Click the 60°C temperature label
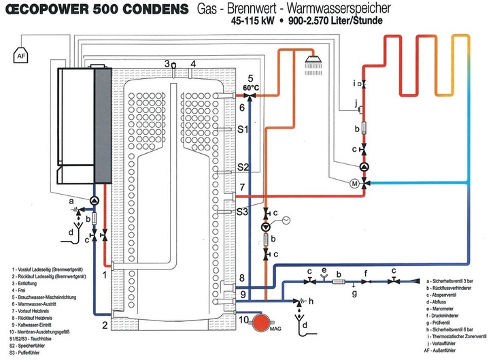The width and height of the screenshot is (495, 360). click(x=251, y=88)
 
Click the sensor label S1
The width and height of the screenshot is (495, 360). click(x=243, y=129)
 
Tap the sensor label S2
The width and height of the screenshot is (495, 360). click(x=243, y=166)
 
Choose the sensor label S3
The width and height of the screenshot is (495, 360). click(x=243, y=212)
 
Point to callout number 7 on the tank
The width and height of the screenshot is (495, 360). click(x=241, y=187)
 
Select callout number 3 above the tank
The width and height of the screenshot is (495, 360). click(x=167, y=64)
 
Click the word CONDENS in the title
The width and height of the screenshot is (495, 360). click(x=144, y=10)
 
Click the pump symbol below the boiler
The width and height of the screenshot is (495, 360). click(x=94, y=200)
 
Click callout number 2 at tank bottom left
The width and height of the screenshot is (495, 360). click(x=105, y=325)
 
